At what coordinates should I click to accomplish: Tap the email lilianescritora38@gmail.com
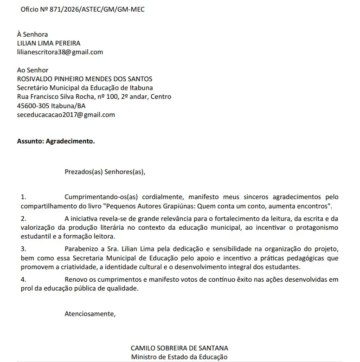pos(60,52)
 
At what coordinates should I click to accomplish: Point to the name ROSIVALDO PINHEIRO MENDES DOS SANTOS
pos(84,79)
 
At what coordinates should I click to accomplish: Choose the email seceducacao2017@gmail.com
pos(66,115)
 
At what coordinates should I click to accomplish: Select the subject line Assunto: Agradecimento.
pos(56,141)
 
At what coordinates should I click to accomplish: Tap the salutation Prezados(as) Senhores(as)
pos(105,172)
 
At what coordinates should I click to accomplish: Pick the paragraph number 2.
pos(24,219)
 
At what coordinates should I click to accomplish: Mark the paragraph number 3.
pos(24,249)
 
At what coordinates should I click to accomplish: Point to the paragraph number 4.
pos(24,279)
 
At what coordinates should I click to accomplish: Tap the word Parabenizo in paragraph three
pos(81,249)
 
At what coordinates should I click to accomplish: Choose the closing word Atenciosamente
pos(90,314)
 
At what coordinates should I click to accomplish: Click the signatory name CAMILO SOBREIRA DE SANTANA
pos(180,348)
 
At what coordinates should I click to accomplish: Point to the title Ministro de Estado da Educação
pos(180,357)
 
